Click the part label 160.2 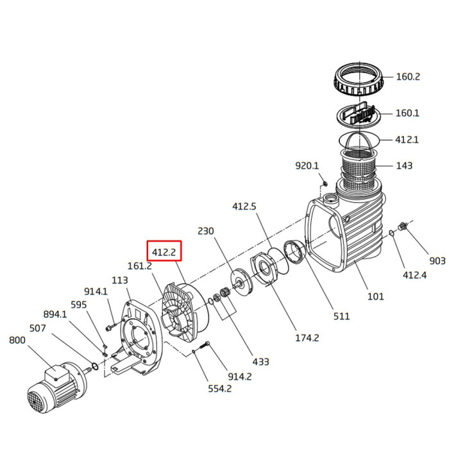[408, 77]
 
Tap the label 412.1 [407, 140]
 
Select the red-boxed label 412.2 [164, 252]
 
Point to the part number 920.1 [307, 165]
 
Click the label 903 [437, 261]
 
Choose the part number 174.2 [307, 338]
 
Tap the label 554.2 [219, 389]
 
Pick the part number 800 [17, 340]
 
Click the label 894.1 [55, 314]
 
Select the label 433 [260, 362]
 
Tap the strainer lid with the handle [358, 114]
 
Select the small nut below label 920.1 [325, 183]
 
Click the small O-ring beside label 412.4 [392, 233]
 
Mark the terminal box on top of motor [56, 375]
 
